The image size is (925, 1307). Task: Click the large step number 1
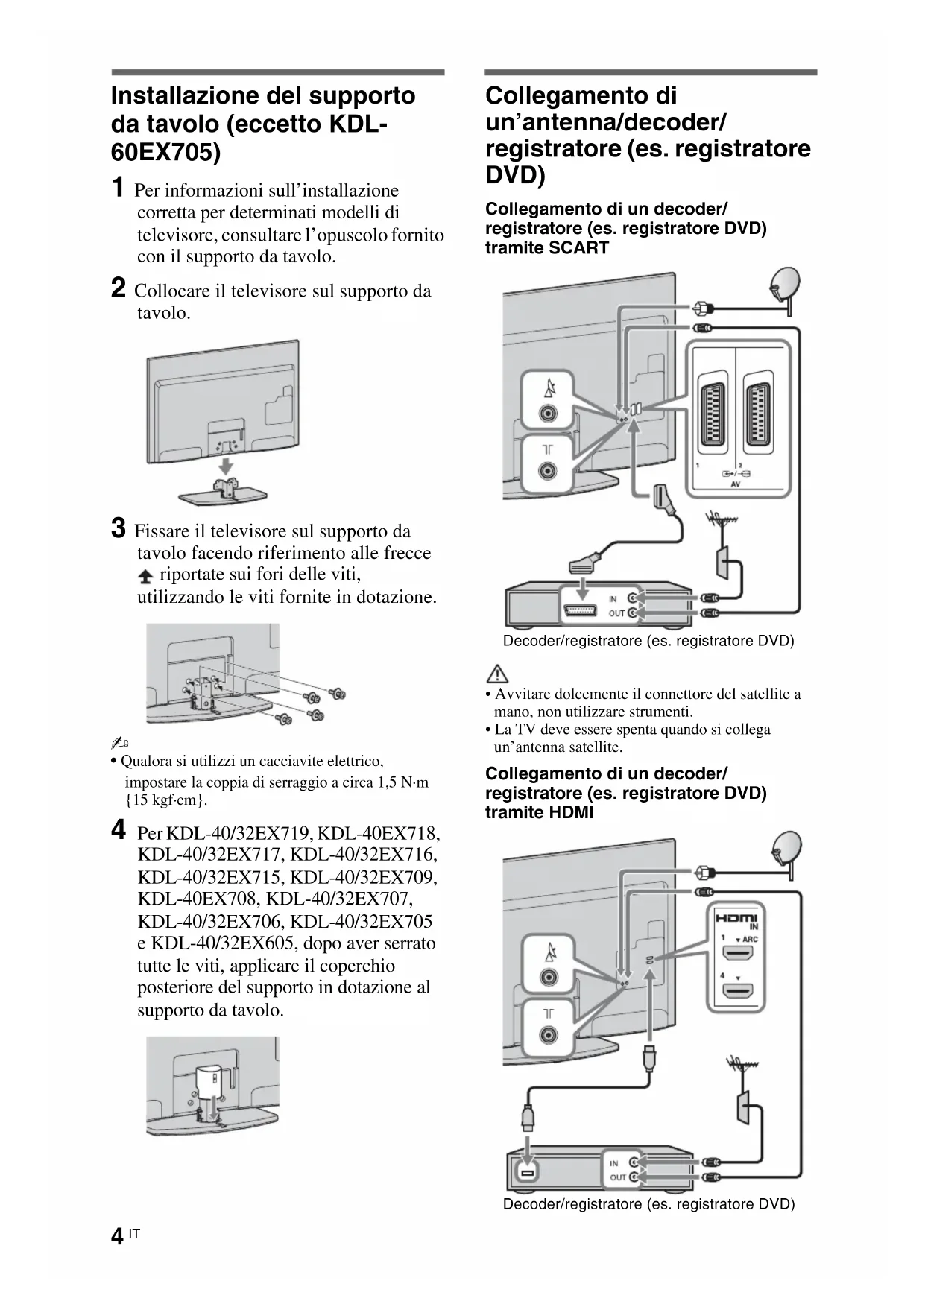point(117,188)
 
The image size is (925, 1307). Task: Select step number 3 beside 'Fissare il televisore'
point(118,528)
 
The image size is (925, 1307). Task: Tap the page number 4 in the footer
point(117,1237)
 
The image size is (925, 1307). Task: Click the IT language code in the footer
point(134,1234)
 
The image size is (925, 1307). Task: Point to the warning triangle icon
point(497,674)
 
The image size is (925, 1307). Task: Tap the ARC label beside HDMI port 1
point(750,940)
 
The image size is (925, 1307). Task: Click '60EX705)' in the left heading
point(165,152)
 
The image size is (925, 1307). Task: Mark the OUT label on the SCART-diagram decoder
point(616,614)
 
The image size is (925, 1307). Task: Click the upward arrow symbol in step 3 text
point(145,576)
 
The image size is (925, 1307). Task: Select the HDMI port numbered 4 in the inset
point(737,991)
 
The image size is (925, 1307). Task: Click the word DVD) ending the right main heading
point(515,176)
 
